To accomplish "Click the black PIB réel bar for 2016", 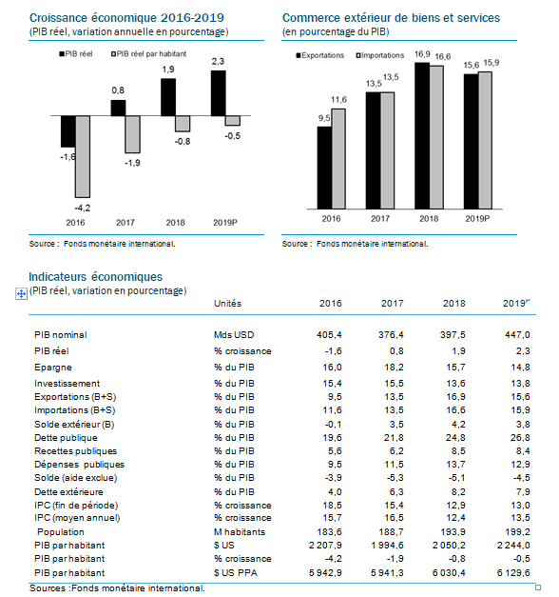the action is point(68,131).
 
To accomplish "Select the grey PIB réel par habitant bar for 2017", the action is point(133,134).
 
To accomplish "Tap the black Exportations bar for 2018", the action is point(422,136).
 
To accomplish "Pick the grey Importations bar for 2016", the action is point(338,159).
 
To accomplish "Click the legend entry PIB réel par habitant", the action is point(148,54).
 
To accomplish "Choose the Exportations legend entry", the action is point(320,55).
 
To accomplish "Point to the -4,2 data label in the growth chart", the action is point(83,208).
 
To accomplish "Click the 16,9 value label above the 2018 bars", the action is point(422,54).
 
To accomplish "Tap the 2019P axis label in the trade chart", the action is point(477,219).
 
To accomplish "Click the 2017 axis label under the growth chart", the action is point(125,223).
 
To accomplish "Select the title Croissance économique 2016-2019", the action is point(126,18).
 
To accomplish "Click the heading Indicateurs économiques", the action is point(95,277).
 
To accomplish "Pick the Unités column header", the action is point(227,304).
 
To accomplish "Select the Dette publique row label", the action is point(66,438).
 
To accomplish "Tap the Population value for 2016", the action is point(329,532).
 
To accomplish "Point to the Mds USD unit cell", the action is point(234,334).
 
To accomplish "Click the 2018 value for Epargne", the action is point(454,368).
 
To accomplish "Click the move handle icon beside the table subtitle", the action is point(21,293).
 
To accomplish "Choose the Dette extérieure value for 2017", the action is point(396,492).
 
